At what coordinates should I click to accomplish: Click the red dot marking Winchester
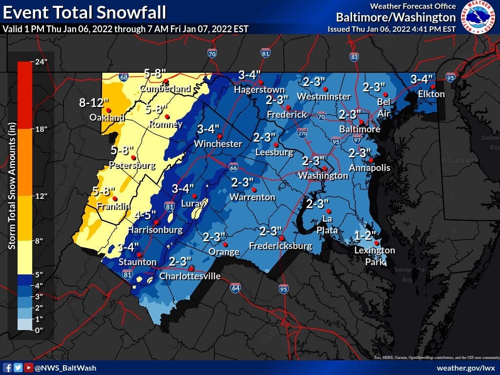pos(220,136)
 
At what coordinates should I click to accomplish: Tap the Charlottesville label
pos(190,276)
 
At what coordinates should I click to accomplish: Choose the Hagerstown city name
pos(259,90)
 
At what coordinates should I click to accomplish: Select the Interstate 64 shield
pos(235,289)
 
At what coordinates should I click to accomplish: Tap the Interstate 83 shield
pos(354,57)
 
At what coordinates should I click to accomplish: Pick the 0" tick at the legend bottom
pos(39,330)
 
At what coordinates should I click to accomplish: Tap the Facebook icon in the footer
pos(8,368)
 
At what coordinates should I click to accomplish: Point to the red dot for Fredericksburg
pos(282,238)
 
